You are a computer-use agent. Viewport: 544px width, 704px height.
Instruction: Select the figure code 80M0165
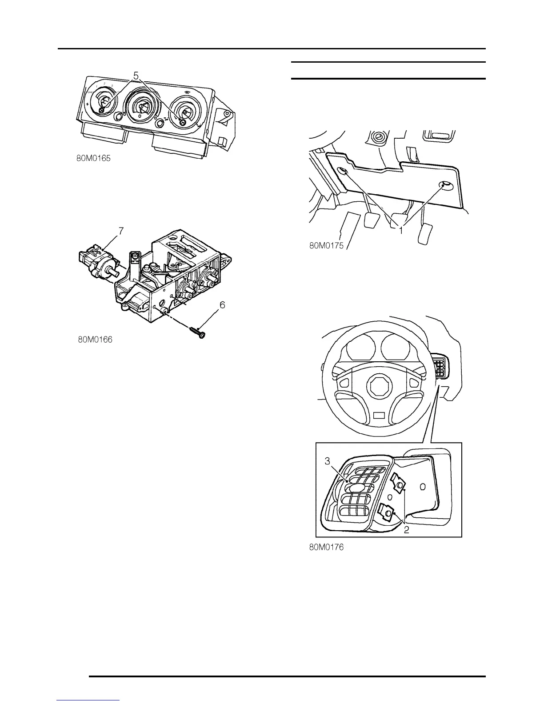tap(93, 157)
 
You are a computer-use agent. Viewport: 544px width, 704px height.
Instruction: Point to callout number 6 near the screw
tap(222, 305)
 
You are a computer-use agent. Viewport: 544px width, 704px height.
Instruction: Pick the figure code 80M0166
tap(95, 340)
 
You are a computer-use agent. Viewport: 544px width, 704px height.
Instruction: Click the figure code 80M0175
tap(327, 245)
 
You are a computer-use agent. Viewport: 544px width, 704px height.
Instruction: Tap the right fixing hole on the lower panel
tap(444, 184)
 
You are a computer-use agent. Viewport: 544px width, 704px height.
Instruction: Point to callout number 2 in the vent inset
tap(406, 529)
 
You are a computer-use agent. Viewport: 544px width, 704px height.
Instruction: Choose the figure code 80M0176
tap(327, 547)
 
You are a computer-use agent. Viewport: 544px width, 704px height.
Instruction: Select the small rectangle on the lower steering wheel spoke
tap(379, 415)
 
